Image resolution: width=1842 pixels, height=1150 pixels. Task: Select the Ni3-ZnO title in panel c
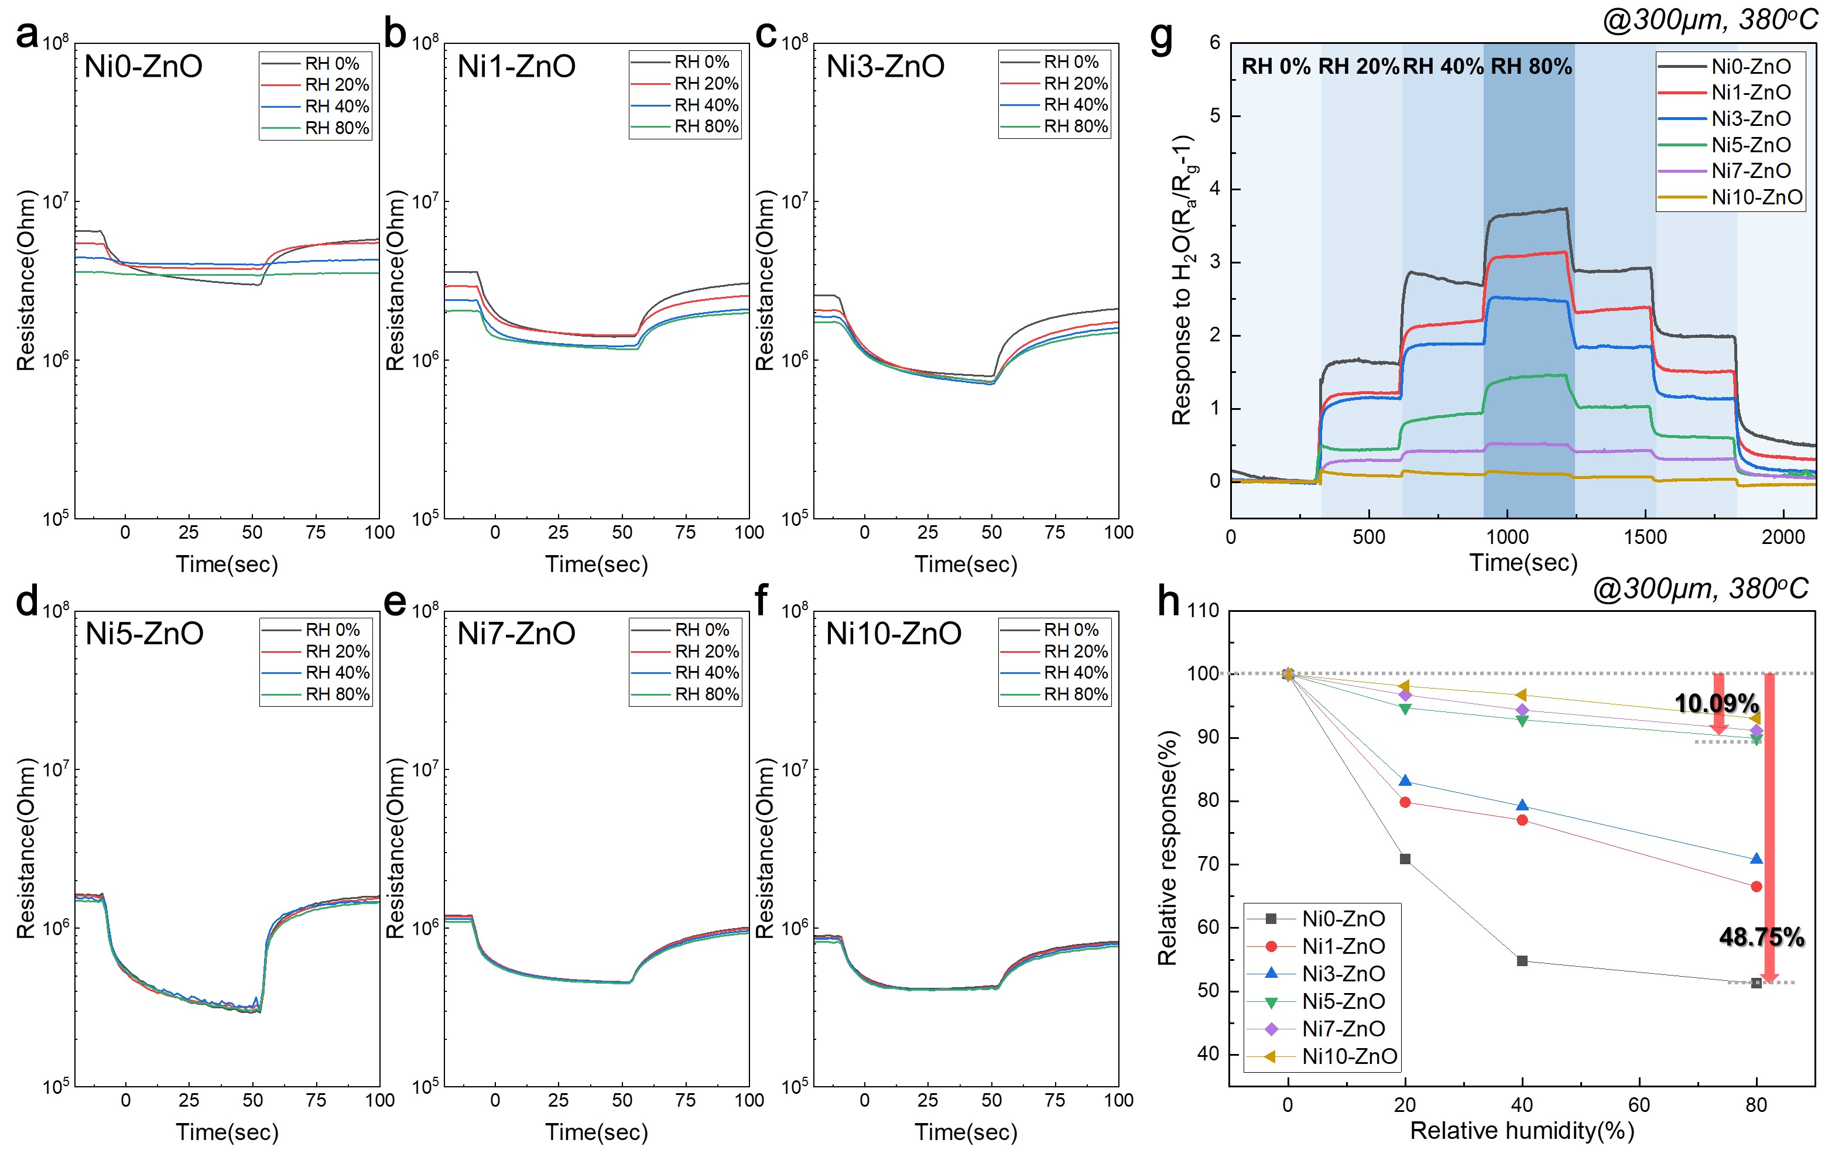pos(885,66)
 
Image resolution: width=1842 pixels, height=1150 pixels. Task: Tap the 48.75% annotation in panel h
pos(1761,936)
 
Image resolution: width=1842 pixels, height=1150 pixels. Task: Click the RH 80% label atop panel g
pos(1531,66)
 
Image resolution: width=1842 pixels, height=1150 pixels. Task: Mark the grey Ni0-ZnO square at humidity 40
pos(1522,961)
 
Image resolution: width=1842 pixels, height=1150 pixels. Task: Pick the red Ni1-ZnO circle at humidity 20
pos(1405,802)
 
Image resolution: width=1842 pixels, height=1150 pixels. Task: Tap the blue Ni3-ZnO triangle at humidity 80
pos(1756,859)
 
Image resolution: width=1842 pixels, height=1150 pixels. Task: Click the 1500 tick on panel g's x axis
pos(1645,537)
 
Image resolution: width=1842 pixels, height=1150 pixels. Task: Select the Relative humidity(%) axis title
pos(1522,1130)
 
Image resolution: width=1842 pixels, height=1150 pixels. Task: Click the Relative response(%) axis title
pos(1167,848)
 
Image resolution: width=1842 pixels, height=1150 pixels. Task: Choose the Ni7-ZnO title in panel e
pos(516,633)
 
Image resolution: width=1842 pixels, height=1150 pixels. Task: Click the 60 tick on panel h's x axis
pos(1639,1104)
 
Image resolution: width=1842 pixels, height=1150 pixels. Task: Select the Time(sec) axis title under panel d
pos(227,1132)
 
